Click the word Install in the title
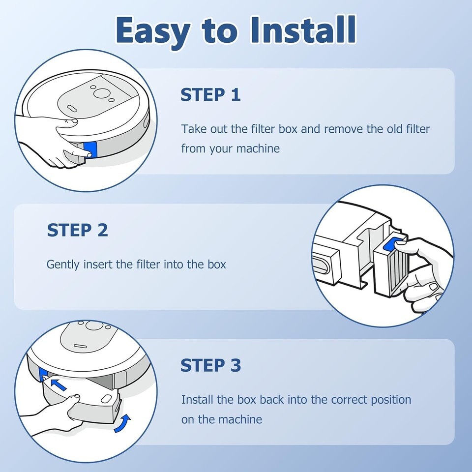[303, 30]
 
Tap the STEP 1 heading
[210, 94]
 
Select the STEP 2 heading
[77, 230]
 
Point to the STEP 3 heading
[211, 365]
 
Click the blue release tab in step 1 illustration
[90, 149]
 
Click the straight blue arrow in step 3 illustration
[59, 384]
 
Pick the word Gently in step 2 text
[63, 265]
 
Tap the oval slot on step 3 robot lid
[81, 346]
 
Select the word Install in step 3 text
[197, 400]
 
